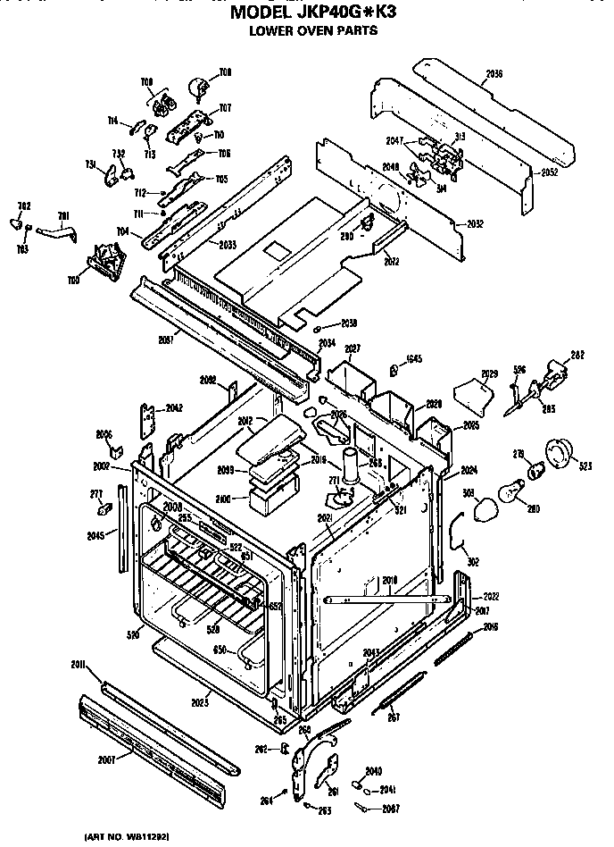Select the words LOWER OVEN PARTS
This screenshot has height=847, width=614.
click(x=312, y=30)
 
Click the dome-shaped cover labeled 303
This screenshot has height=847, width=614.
click(x=486, y=511)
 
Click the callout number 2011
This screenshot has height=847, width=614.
click(x=79, y=665)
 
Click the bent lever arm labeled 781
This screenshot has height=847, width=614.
click(x=63, y=234)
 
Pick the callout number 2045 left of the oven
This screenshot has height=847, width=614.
click(x=95, y=535)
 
